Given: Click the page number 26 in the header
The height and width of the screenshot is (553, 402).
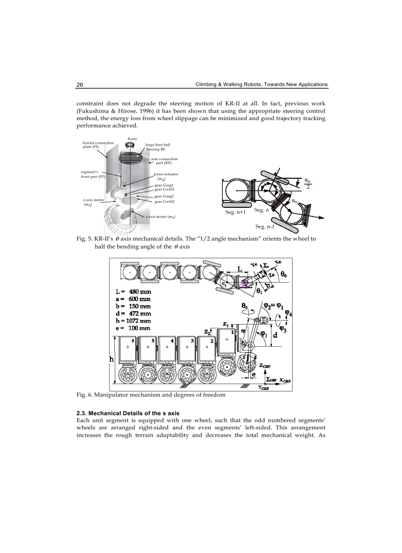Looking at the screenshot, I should (x=80, y=85).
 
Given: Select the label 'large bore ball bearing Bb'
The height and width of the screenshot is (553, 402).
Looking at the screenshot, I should (x=158, y=147).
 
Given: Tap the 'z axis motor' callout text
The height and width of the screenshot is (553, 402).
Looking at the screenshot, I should (x=93, y=202).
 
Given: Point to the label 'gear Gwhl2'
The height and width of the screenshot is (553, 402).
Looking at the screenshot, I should (x=165, y=201).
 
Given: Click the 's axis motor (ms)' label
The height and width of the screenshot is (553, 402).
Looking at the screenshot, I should (x=161, y=217).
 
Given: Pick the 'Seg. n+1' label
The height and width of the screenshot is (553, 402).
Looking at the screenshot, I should (x=235, y=212).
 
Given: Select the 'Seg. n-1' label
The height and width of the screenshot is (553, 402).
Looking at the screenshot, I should (x=265, y=227).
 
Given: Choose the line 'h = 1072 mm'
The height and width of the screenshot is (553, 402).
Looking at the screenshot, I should (x=132, y=321).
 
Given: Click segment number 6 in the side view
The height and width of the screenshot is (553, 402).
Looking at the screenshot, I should (x=133, y=340).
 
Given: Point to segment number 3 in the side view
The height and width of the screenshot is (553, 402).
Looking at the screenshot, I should (x=192, y=340).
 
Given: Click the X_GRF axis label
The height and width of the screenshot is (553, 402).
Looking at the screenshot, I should (x=285, y=380).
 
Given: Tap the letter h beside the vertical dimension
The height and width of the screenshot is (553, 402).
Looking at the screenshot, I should (x=111, y=359).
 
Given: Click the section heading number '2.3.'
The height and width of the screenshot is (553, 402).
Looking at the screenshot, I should (x=81, y=412).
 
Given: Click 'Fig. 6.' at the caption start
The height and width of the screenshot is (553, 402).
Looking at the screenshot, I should (x=84, y=395).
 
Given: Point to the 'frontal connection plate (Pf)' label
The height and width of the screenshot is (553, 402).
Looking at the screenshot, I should (x=98, y=145).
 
